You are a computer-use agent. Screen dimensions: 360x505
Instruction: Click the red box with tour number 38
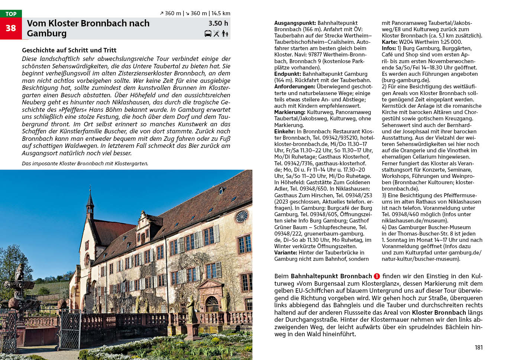[x=11, y=28]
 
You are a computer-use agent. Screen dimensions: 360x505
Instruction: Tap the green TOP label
[x=11, y=14]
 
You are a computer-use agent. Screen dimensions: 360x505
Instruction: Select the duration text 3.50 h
[x=218, y=23]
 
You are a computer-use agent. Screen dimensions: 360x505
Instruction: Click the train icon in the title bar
[x=208, y=33]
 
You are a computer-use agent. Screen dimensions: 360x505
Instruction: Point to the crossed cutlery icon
[x=216, y=33]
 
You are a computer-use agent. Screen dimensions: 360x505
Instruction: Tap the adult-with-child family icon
[x=225, y=33]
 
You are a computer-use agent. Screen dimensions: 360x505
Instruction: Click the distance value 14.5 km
[x=221, y=13]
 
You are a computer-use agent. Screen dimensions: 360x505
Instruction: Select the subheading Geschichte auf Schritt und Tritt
[x=69, y=50]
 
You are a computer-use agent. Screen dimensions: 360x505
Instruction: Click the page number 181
[x=479, y=347]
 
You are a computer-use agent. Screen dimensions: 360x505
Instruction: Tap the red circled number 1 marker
[x=377, y=276]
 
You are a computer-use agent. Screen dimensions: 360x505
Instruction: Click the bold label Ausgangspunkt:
[x=295, y=23]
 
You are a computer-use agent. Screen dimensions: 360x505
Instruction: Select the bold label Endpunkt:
[x=288, y=74]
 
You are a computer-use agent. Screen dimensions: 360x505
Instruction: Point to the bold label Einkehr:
[x=285, y=132]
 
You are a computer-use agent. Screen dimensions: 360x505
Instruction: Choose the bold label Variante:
[x=285, y=253]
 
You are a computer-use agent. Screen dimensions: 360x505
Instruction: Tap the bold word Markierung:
[x=290, y=112]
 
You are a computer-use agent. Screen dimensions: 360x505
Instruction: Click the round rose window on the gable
[x=242, y=216]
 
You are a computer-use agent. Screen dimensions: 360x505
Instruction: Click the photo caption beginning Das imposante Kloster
[x=85, y=163]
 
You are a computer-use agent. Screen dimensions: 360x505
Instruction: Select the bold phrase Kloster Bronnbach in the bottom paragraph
[x=438, y=312]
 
